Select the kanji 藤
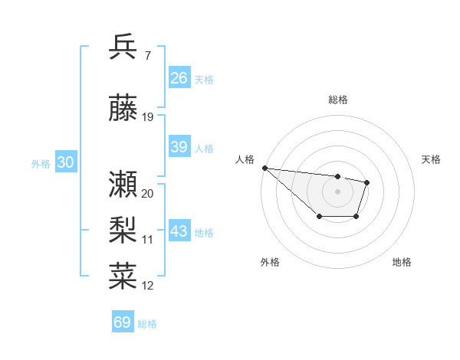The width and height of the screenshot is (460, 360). (123, 108)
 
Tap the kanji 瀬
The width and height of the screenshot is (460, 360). (123, 184)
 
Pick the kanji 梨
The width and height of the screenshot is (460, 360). (123, 230)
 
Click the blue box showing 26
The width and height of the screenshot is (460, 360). (179, 78)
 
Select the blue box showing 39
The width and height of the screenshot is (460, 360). (179, 148)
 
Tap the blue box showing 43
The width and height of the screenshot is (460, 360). (179, 232)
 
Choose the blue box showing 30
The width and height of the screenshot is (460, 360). (65, 163)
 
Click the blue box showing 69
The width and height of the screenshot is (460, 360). (123, 322)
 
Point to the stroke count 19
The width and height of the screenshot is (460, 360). (148, 117)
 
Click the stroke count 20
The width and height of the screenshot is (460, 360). (148, 194)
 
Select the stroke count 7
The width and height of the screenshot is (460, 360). (146, 55)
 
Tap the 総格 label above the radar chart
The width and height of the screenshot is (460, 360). (338, 100)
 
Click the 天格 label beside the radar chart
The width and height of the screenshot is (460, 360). (432, 159)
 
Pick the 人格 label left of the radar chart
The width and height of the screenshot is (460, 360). (245, 159)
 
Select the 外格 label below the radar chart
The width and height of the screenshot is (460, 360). (270, 263)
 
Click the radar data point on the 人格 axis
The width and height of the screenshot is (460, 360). (264, 168)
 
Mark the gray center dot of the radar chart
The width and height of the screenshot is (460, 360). (337, 191)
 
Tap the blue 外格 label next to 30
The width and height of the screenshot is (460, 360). (41, 164)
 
